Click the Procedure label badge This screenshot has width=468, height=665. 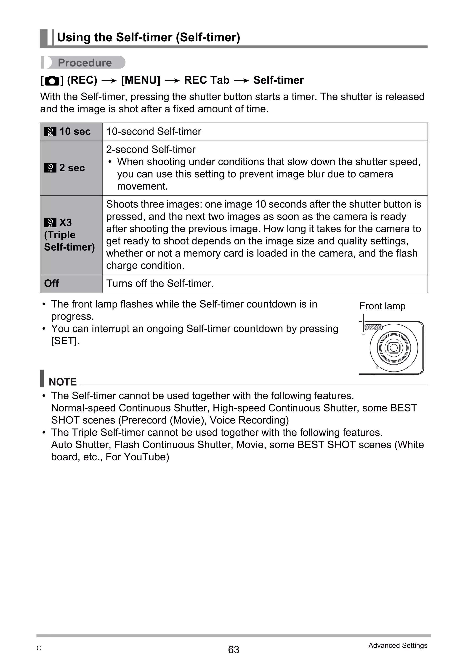(x=84, y=63)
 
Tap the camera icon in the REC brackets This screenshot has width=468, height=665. (x=52, y=81)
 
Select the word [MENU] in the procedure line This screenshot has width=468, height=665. (x=141, y=80)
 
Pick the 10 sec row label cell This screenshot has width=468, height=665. (x=71, y=132)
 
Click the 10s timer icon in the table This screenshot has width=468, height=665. (x=50, y=132)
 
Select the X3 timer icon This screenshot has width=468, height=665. (x=50, y=223)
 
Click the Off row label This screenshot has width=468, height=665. (x=52, y=283)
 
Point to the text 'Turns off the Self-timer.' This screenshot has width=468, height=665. (x=160, y=283)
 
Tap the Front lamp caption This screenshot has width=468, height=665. (x=382, y=306)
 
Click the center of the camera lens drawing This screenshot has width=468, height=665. (x=394, y=347)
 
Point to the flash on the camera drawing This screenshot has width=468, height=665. (x=373, y=327)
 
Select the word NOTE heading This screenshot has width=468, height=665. (x=63, y=382)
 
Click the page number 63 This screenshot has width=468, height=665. (x=234, y=650)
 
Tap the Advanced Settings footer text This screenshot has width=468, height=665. (x=398, y=645)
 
